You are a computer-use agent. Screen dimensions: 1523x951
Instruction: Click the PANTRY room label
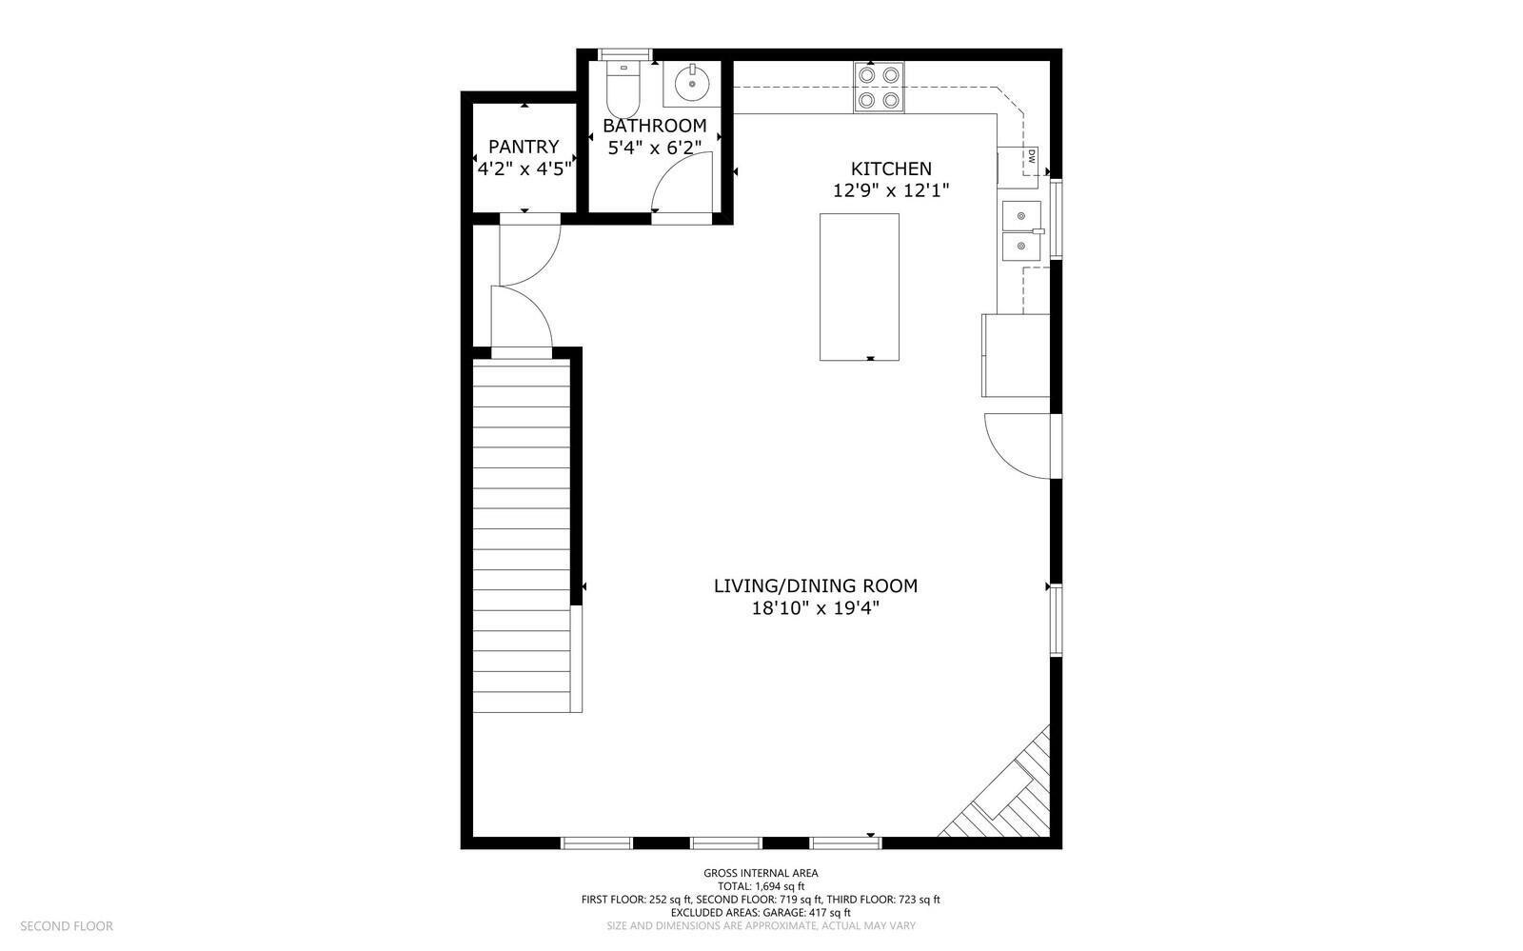coord(524,147)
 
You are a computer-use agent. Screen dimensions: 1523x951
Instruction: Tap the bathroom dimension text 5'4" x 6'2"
coord(654,148)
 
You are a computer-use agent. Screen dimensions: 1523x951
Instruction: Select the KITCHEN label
coord(891,168)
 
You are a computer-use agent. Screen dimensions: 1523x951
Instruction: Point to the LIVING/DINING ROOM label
coord(815,586)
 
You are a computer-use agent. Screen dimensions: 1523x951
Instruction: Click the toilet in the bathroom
coord(623,89)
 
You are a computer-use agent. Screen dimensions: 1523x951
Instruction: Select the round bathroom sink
coord(692,84)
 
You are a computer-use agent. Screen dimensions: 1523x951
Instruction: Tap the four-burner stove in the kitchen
coord(880,87)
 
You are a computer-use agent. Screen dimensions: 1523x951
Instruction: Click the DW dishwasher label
coord(1032,156)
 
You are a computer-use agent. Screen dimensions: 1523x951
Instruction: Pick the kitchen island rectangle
coord(860,287)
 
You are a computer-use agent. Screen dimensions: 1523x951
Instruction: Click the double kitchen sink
coord(1021,230)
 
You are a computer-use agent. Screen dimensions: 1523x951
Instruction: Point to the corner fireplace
coord(1000,787)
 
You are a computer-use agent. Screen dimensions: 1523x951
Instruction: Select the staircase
coord(522,536)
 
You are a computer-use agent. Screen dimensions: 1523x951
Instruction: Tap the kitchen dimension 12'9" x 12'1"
coord(891,190)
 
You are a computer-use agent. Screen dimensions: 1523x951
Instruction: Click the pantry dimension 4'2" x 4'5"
coord(524,168)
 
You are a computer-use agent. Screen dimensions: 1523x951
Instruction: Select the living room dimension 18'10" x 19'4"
coord(815,607)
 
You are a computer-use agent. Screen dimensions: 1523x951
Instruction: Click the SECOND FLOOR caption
coord(67,926)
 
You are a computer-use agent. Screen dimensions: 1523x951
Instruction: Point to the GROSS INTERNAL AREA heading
coord(761,874)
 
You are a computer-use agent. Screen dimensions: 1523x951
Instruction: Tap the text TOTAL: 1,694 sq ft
coord(761,886)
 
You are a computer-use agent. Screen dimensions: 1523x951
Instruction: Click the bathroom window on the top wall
coord(624,54)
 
